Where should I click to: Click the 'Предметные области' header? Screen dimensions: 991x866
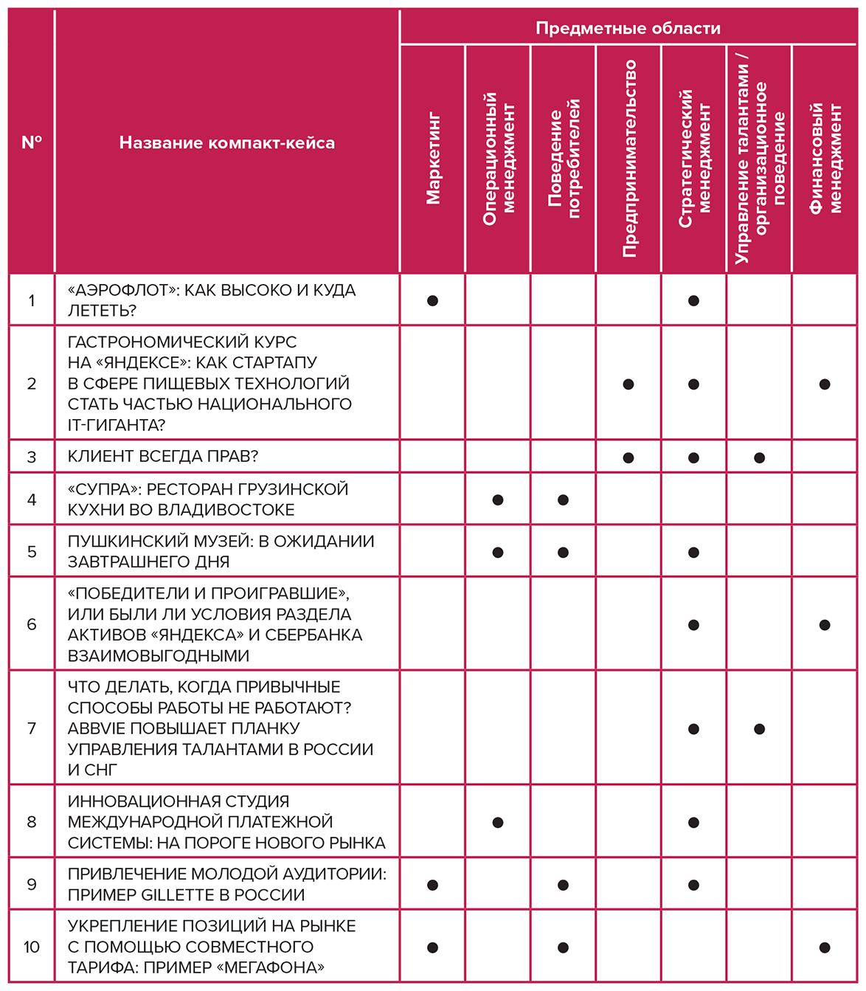pos(628,28)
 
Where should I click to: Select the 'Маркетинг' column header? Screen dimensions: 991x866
pos(433,158)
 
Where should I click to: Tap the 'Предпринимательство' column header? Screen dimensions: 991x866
pos(629,158)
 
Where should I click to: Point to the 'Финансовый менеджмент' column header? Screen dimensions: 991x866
pos(825,158)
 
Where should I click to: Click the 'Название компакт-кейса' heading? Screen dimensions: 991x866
pos(227,142)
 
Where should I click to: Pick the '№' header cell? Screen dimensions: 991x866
pos(32,142)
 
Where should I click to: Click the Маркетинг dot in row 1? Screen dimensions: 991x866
pos(433,300)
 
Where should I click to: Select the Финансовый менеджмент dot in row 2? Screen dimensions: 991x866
pos(825,384)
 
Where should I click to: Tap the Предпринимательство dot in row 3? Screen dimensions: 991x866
pos(628,457)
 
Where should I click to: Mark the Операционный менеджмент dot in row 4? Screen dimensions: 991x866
pos(498,500)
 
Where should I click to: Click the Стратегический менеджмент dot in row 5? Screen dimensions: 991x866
pos(693,552)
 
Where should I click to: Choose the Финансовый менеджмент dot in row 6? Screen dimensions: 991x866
pos(825,625)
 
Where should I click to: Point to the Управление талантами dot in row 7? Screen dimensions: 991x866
pos(759,729)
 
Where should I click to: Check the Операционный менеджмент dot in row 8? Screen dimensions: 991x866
pos(498,822)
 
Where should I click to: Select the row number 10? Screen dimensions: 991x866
pos(32,947)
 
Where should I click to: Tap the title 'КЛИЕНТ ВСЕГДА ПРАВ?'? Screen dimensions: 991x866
pos(163,456)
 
